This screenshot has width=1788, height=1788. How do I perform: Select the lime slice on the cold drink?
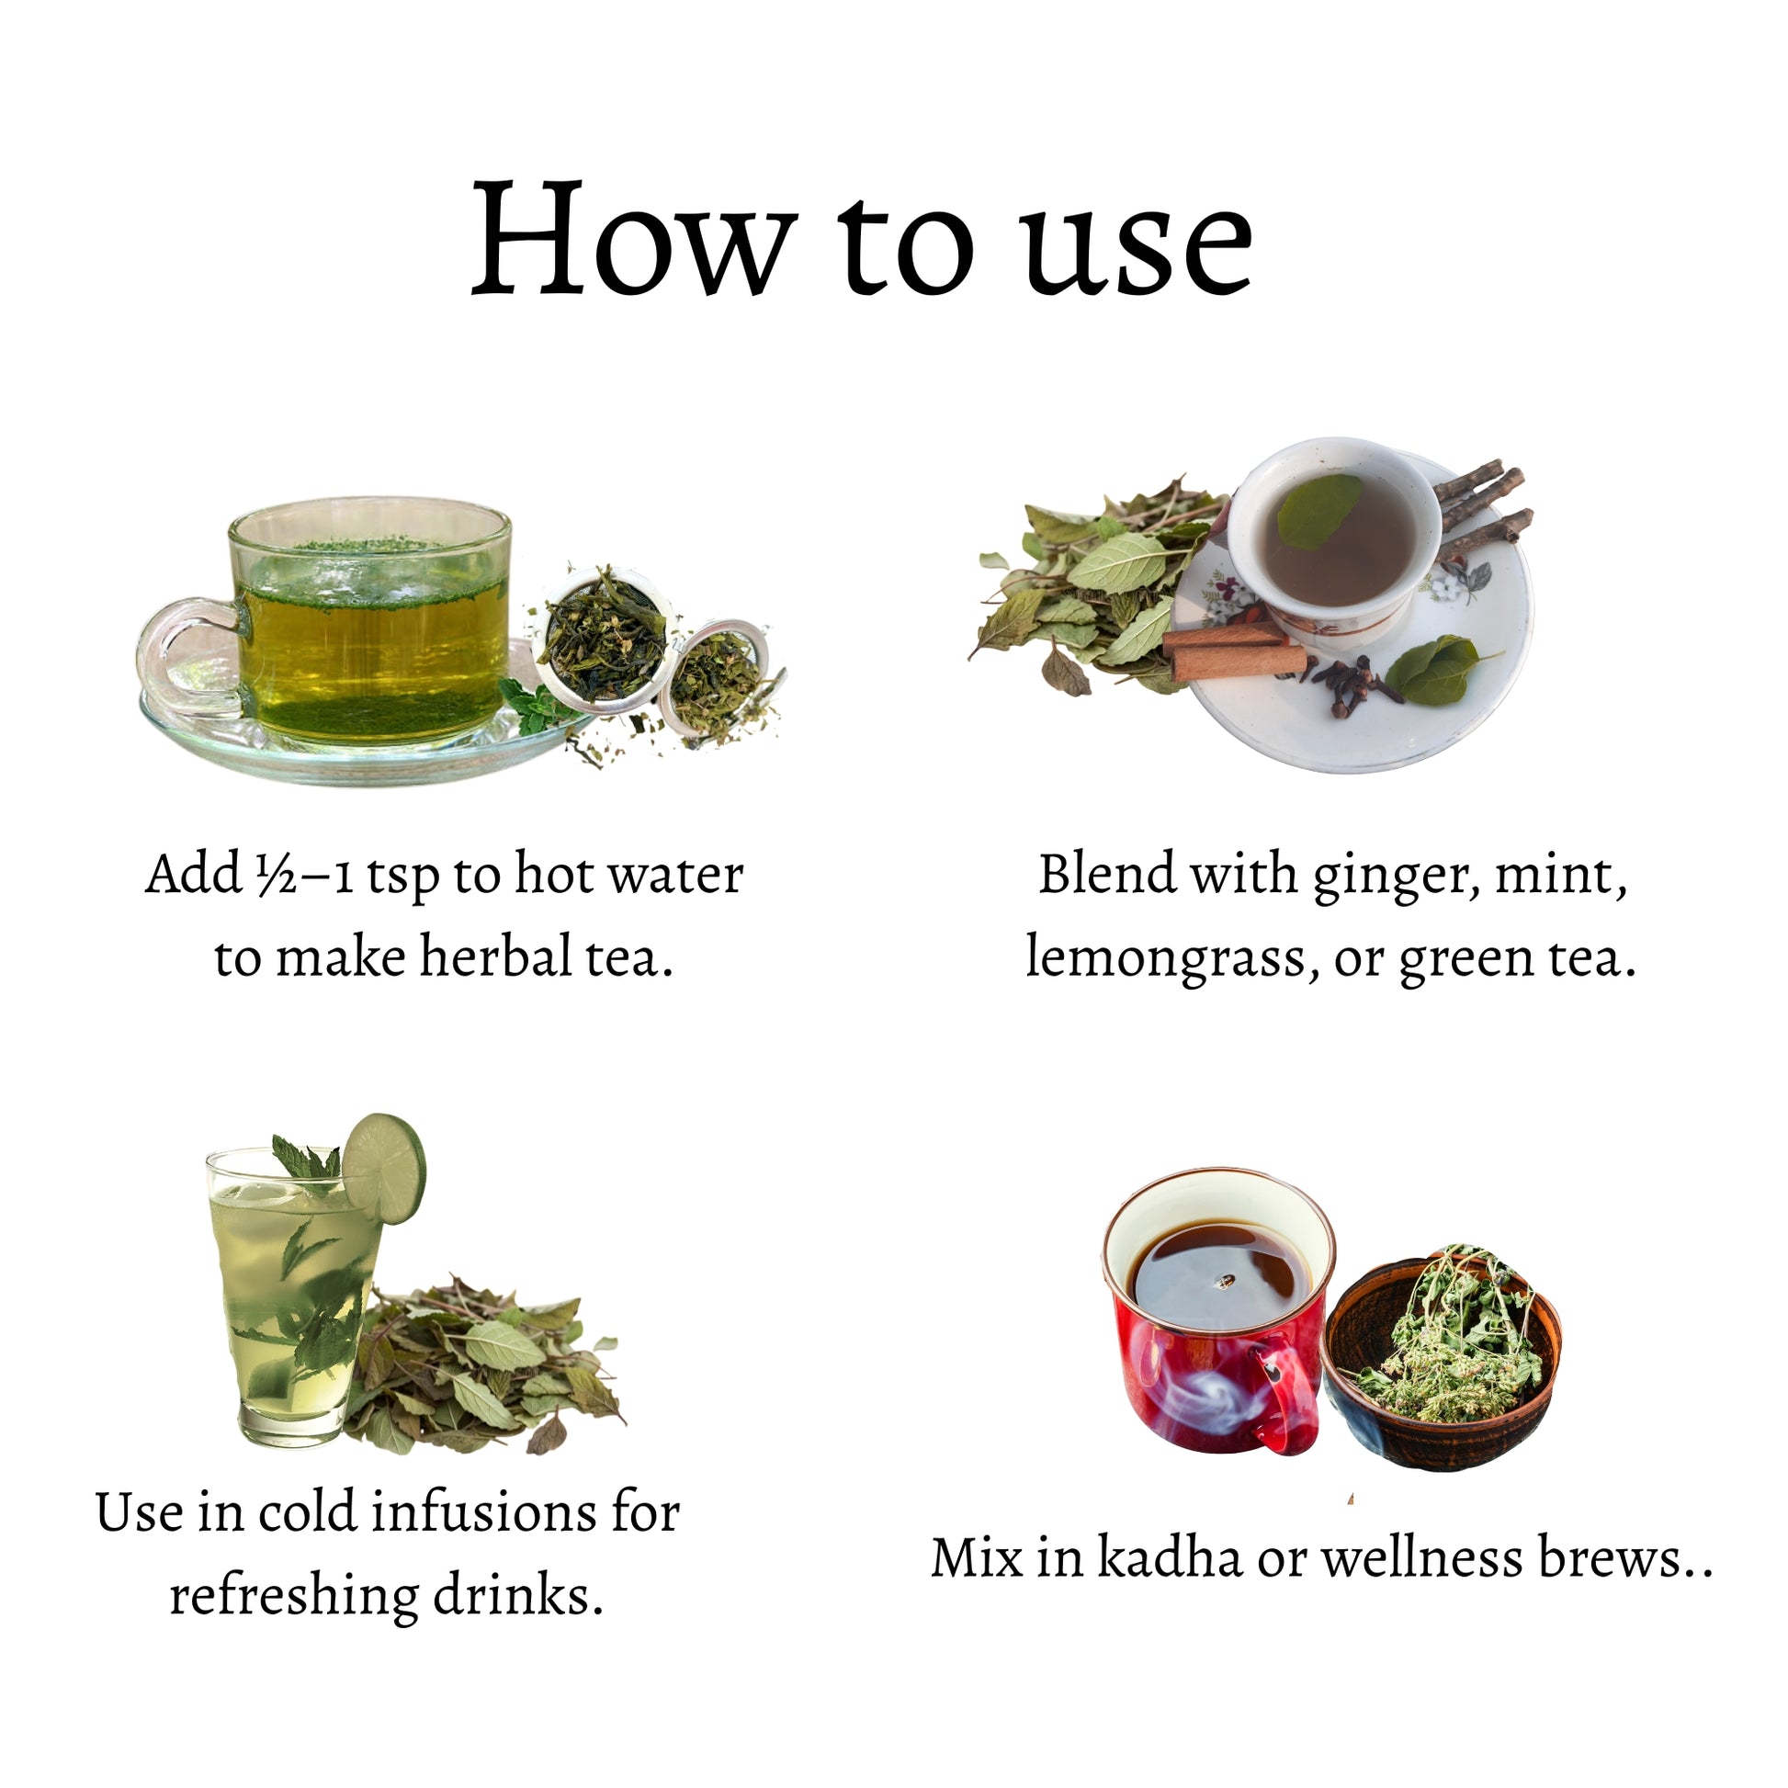[384, 1168]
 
